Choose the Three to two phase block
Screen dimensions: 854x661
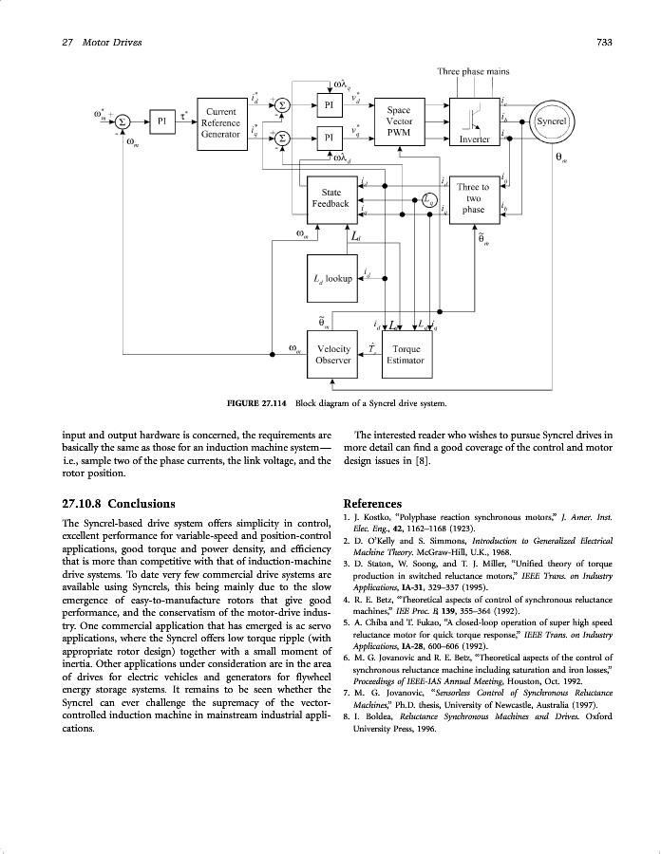click(473, 198)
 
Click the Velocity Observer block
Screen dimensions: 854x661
click(333, 354)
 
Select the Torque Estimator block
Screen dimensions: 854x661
click(406, 354)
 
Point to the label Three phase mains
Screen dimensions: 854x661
click(473, 72)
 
